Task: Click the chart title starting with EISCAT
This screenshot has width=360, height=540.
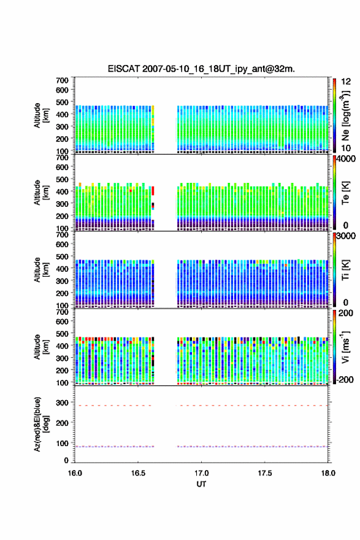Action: tap(201, 69)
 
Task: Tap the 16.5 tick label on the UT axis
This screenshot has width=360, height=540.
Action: tap(137, 473)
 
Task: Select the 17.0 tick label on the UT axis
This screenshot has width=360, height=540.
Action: tap(201, 473)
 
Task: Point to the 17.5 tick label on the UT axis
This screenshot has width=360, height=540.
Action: tap(265, 473)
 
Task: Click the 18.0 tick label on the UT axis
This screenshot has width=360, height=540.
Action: tap(328, 473)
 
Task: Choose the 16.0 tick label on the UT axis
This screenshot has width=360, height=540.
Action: tap(75, 473)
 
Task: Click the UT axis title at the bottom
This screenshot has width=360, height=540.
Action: tap(201, 484)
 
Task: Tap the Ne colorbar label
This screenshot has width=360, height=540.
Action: tap(345, 115)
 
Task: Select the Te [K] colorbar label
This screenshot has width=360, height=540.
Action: tap(345, 193)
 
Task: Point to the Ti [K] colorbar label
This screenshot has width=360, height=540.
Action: tap(345, 269)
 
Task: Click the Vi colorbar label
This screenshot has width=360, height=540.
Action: tap(345, 347)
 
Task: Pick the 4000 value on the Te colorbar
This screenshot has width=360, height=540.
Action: tap(347, 159)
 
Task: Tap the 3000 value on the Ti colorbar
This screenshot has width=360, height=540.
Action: tap(347, 236)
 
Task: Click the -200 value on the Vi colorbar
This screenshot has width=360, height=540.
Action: tap(344, 379)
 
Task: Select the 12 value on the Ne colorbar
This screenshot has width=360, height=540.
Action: tap(347, 82)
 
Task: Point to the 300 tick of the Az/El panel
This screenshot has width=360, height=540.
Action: tap(63, 403)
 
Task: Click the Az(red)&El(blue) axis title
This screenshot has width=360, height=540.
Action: tap(40, 424)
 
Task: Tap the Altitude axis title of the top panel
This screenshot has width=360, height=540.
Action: tap(40, 115)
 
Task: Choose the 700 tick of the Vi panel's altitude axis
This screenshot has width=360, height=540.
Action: tap(63, 312)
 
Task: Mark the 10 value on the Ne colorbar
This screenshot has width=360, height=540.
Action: tap(347, 148)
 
